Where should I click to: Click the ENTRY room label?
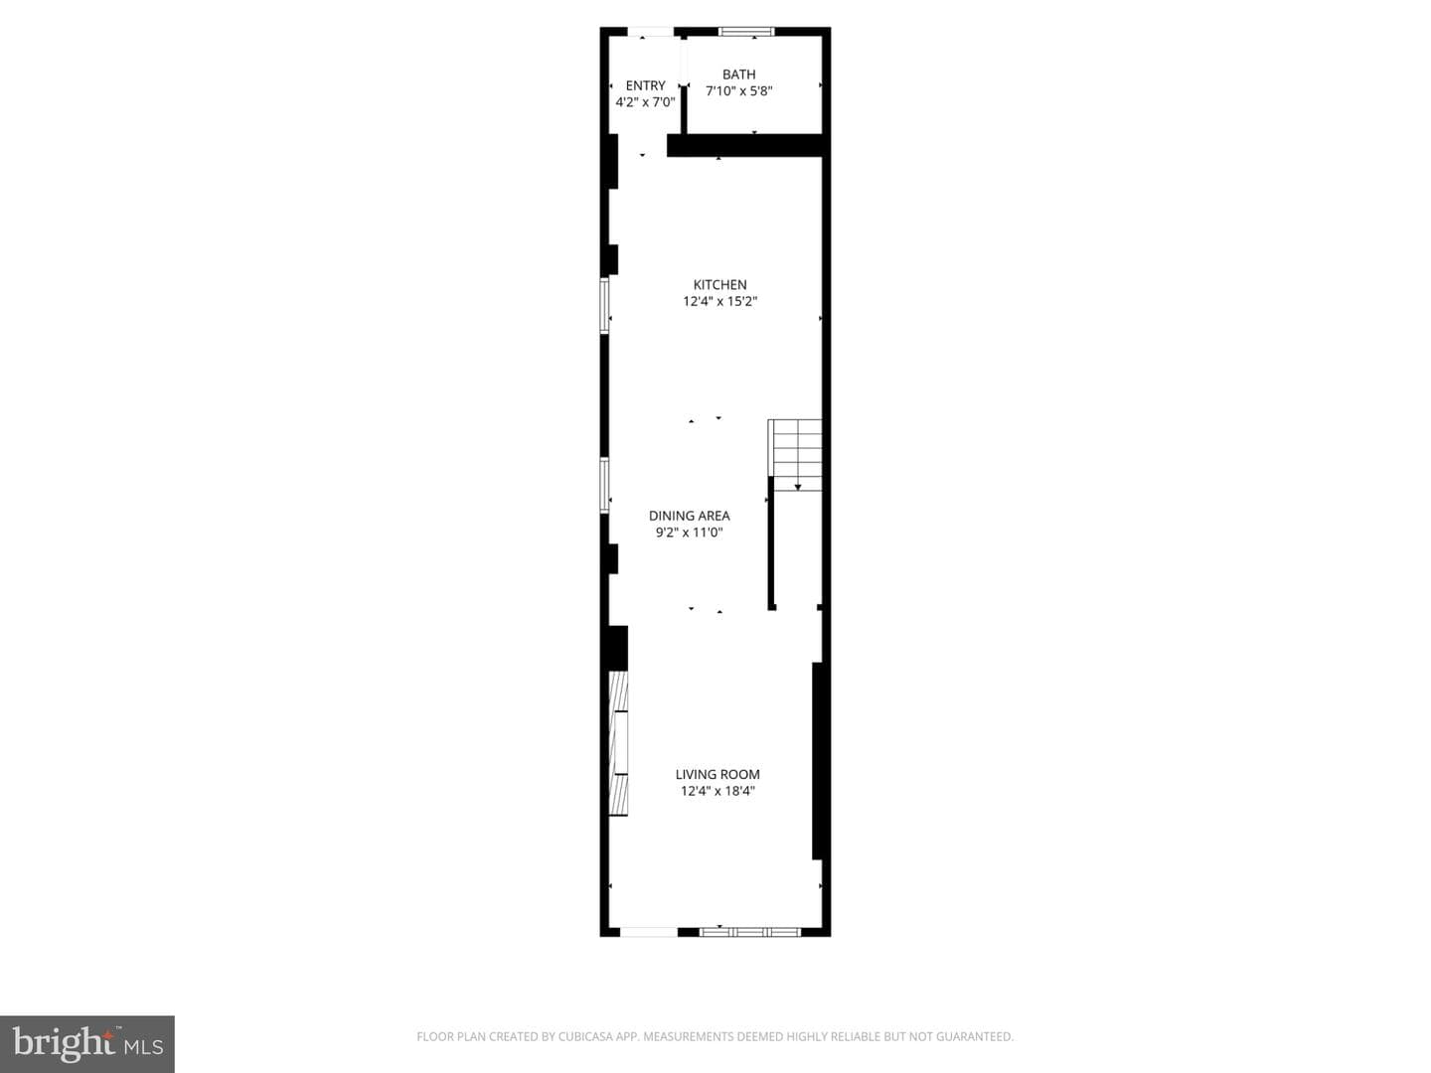pos(645,85)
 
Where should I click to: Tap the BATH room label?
pos(738,75)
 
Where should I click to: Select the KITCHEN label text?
pos(719,285)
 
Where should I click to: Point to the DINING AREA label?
pos(689,516)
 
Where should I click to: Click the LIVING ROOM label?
pos(717,774)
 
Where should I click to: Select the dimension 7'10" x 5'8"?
pos(738,91)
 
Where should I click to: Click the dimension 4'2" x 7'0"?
pos(645,102)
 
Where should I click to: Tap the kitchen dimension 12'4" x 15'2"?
pos(719,302)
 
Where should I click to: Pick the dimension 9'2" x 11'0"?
pos(689,533)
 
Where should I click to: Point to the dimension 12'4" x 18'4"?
pos(717,791)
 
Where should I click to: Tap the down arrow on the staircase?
pos(797,487)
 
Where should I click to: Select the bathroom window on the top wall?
pos(746,31)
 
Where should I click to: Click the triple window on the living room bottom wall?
pos(749,932)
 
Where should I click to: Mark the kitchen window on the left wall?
pos(604,306)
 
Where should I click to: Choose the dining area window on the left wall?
pos(604,486)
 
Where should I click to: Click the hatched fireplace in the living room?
pos(618,743)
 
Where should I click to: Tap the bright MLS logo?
pos(87,1044)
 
